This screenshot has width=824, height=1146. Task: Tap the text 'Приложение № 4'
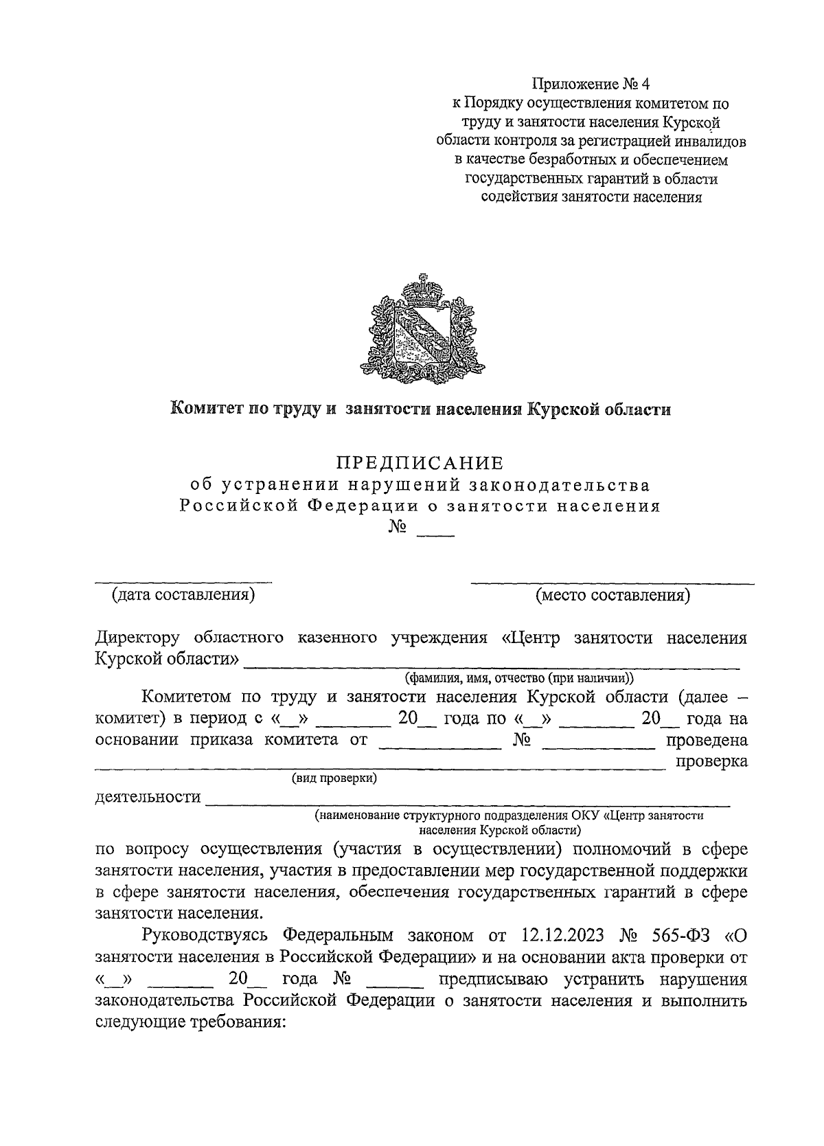pyautogui.click(x=591, y=85)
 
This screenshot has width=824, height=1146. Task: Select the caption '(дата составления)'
pyautogui.click(x=183, y=594)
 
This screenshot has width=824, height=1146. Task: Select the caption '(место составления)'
pyautogui.click(x=613, y=594)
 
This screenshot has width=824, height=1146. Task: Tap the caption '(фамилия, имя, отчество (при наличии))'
pyautogui.click(x=519, y=678)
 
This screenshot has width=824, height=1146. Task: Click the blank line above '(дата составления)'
pyautogui.click(x=183, y=582)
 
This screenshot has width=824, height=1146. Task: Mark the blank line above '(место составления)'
pyautogui.click(x=612, y=583)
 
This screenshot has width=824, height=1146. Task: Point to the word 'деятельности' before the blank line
pyautogui.click(x=148, y=797)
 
